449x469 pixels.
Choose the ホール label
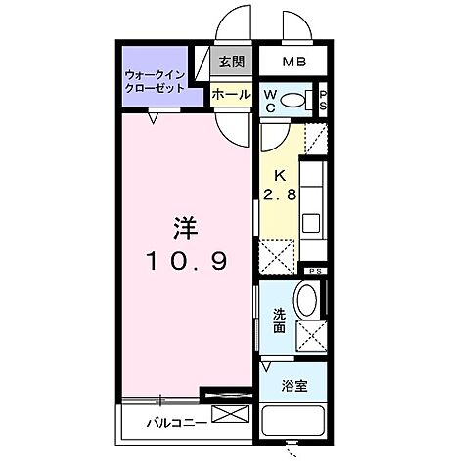[231, 96]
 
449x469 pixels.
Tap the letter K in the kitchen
[279, 177]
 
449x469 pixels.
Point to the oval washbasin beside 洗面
[306, 301]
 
